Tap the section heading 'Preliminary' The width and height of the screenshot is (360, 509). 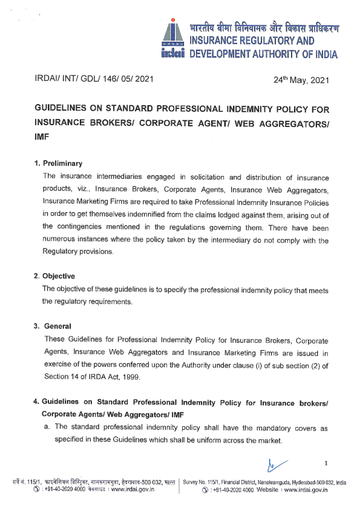click(x=63, y=164)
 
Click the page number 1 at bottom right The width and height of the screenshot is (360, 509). click(x=326, y=464)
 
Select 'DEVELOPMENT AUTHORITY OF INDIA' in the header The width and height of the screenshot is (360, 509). click(x=264, y=54)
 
